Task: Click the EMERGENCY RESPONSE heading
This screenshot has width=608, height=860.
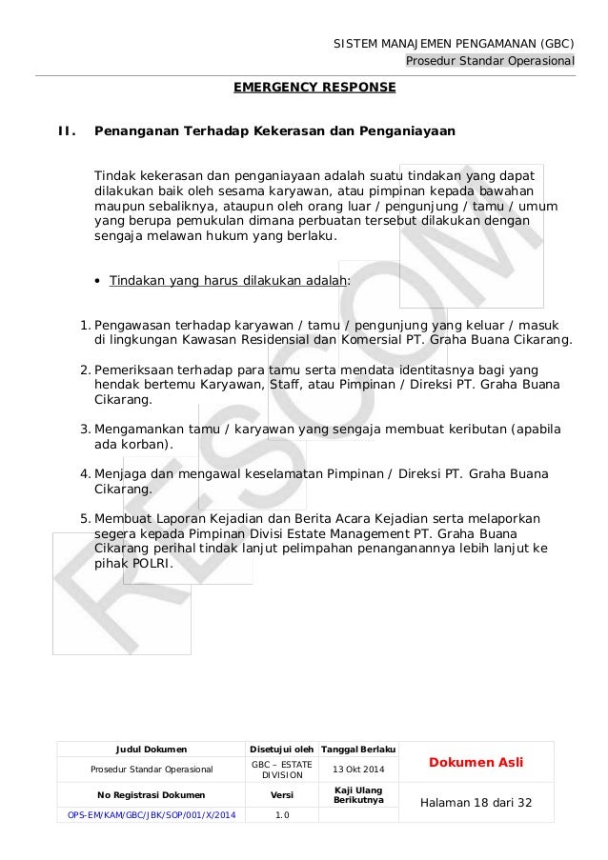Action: (x=314, y=88)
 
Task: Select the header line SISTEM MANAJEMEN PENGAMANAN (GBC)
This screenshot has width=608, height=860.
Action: (x=454, y=44)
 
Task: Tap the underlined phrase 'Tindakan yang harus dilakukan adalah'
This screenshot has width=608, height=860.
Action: (x=229, y=281)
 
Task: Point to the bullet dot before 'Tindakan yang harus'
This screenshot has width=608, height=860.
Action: (x=98, y=282)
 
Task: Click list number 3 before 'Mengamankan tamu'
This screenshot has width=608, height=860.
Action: (x=85, y=430)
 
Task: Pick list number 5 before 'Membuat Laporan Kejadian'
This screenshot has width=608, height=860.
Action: (x=85, y=518)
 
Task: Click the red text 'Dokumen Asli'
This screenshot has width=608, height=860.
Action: (x=476, y=762)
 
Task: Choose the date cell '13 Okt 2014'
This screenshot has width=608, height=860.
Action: (x=357, y=770)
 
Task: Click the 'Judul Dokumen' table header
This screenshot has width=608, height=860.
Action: (x=152, y=750)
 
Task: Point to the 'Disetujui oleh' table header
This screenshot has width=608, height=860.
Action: (x=282, y=750)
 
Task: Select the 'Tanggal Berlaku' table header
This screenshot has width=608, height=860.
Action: (x=357, y=750)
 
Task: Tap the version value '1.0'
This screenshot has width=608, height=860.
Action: (x=282, y=814)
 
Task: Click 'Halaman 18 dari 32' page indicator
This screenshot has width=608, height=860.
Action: (x=476, y=803)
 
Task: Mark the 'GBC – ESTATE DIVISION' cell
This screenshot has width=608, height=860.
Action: (x=282, y=770)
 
